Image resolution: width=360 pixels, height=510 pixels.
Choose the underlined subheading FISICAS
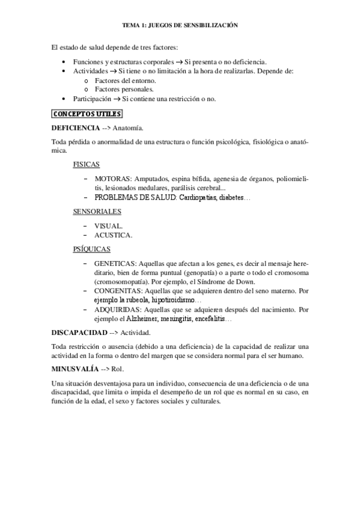click(86, 164)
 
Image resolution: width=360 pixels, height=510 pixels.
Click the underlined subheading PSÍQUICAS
click(91, 248)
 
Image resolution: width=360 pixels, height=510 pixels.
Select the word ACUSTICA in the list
click(113, 235)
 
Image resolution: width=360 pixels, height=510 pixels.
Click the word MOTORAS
click(112, 179)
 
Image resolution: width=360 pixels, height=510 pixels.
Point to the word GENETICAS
click(115, 263)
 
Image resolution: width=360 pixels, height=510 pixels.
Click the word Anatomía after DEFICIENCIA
click(128, 128)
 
